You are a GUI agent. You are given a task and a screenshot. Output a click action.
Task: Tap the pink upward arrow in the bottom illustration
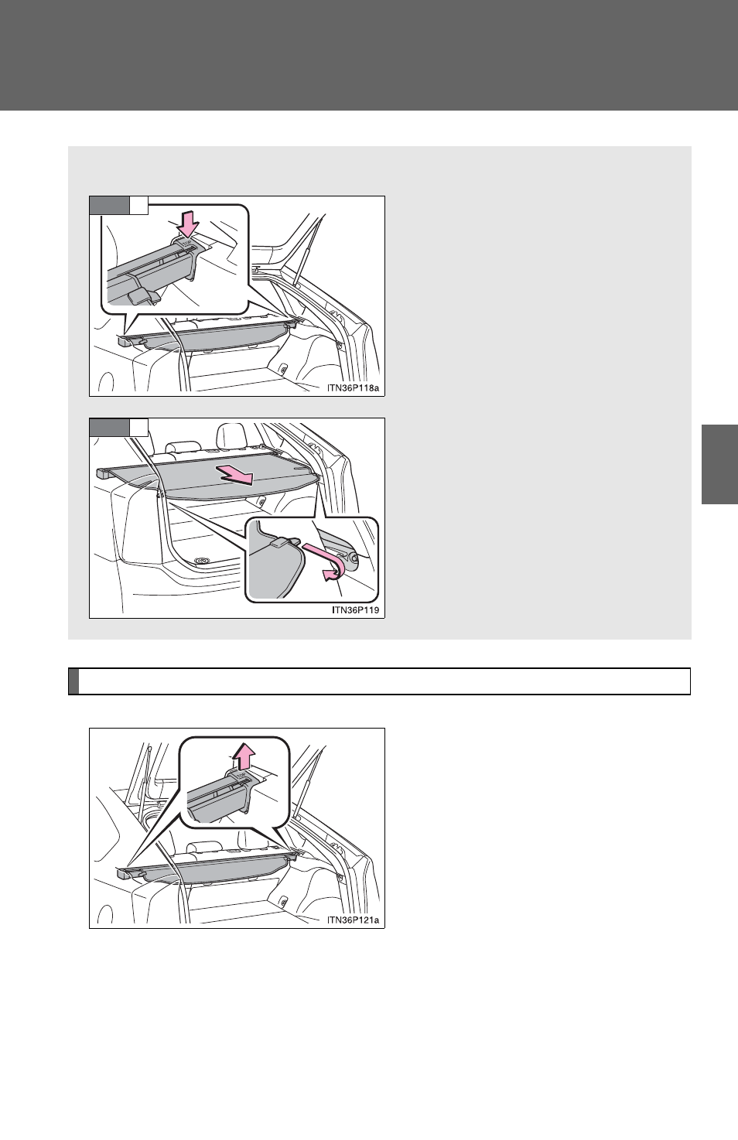click(243, 756)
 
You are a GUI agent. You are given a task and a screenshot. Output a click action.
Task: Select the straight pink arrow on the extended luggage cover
click(234, 474)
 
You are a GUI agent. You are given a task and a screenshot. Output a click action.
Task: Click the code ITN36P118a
click(353, 387)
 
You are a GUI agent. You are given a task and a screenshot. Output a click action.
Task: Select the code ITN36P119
click(355, 609)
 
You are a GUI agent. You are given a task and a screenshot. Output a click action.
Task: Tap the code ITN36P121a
click(353, 920)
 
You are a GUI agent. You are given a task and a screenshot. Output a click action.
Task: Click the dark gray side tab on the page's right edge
click(719, 464)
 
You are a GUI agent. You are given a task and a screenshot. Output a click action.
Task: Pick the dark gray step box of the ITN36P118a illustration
click(109, 205)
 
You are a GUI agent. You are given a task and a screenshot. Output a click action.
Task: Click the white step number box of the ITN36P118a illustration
click(138, 205)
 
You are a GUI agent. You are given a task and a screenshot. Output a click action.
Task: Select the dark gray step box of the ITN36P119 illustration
click(109, 428)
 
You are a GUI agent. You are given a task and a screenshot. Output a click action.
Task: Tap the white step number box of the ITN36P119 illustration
click(138, 428)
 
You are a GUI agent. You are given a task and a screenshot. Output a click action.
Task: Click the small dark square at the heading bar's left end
click(73, 681)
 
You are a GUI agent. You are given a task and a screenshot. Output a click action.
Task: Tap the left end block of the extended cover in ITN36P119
click(104, 474)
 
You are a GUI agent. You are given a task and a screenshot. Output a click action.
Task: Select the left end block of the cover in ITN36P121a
click(124, 874)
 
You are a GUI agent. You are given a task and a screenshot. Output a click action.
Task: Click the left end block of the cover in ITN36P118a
click(124, 340)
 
